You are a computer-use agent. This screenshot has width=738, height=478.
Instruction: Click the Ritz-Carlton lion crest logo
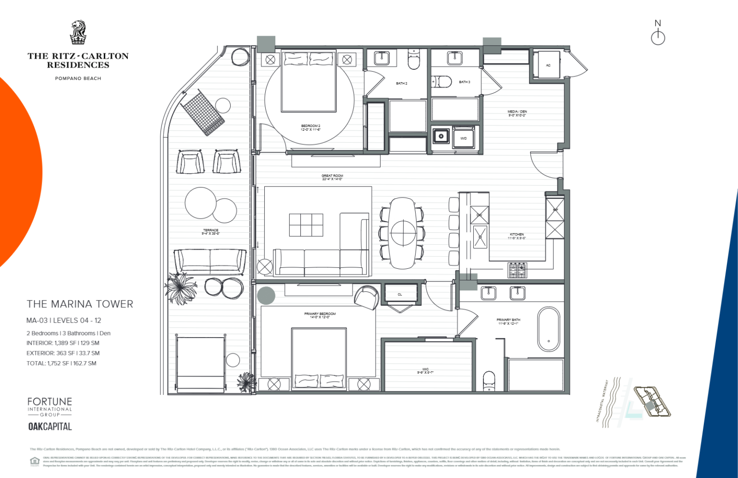78,33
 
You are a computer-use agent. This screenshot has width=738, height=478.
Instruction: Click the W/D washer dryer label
463,138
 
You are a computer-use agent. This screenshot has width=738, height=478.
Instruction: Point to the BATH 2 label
401,84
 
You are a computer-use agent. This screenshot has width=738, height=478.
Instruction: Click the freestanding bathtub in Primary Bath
548,329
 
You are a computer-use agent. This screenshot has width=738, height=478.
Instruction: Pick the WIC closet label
425,370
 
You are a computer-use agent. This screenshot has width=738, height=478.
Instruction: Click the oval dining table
403,233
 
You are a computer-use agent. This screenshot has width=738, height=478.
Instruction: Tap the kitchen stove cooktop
517,270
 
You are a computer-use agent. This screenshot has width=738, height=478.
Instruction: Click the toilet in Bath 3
442,82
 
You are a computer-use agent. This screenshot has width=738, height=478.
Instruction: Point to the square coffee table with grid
306,225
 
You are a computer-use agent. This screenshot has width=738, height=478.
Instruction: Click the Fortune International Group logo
49,407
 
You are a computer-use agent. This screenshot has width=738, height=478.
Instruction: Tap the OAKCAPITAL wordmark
50,427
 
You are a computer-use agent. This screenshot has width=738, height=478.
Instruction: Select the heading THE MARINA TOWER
80,304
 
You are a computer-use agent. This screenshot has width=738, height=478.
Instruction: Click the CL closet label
400,295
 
